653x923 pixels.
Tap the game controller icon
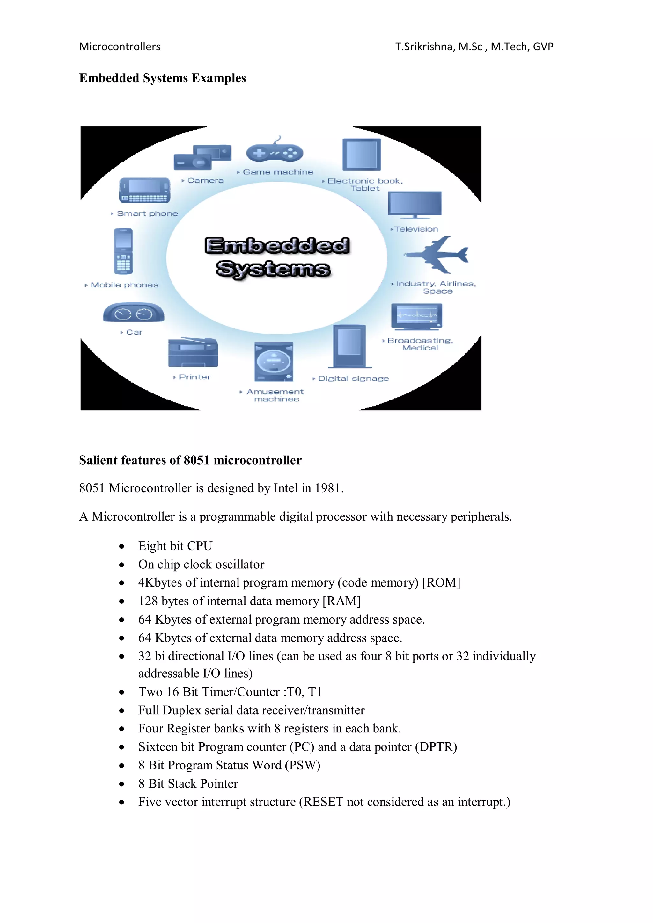click(x=275, y=152)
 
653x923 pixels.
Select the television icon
click(x=415, y=204)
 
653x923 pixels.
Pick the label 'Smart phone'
click(x=147, y=213)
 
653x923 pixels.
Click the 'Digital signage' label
click(x=353, y=379)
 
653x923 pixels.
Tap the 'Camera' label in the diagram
click(x=205, y=181)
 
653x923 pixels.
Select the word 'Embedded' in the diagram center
click(x=277, y=246)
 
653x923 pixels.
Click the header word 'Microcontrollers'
click(x=120, y=47)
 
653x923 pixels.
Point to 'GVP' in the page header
click(x=543, y=47)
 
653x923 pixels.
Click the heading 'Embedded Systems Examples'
click(x=162, y=78)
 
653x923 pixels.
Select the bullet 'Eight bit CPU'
click(x=175, y=546)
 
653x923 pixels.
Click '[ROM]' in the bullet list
click(x=441, y=582)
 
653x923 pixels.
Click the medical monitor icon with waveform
click(x=416, y=316)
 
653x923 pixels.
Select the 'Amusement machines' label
click(x=275, y=395)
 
